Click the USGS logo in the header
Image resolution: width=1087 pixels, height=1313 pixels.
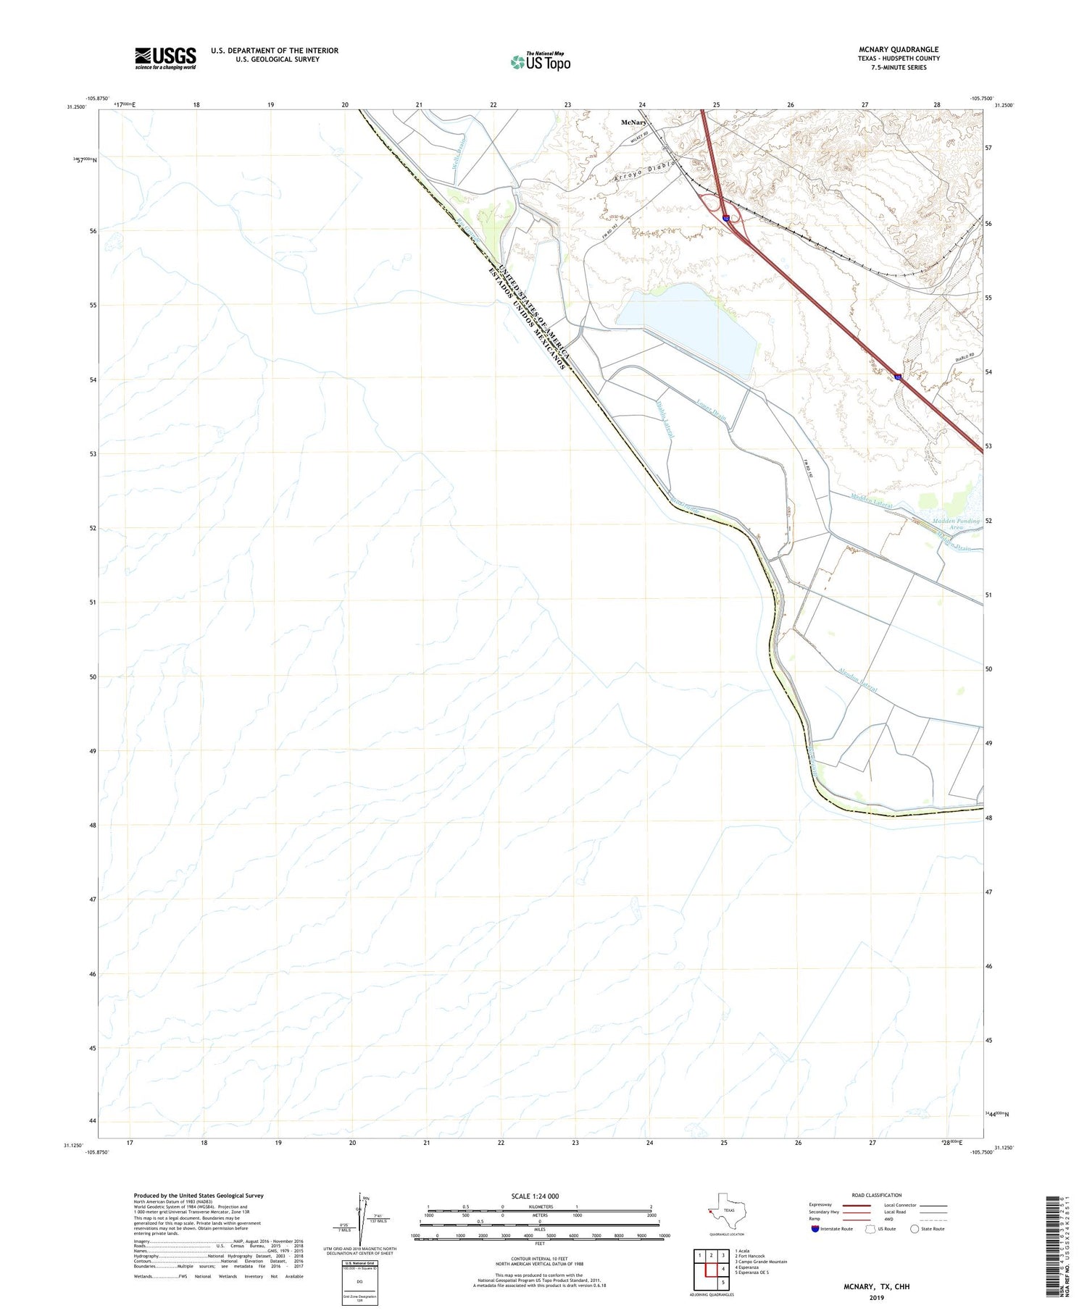[x=165, y=58]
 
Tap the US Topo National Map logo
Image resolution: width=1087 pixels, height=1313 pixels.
[x=540, y=62]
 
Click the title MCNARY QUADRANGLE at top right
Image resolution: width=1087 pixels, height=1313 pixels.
[x=898, y=49]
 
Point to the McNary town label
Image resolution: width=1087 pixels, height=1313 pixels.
[x=633, y=122]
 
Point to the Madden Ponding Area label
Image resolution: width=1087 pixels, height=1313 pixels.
[x=956, y=524]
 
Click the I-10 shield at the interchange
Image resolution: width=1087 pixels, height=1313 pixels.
[x=725, y=218]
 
